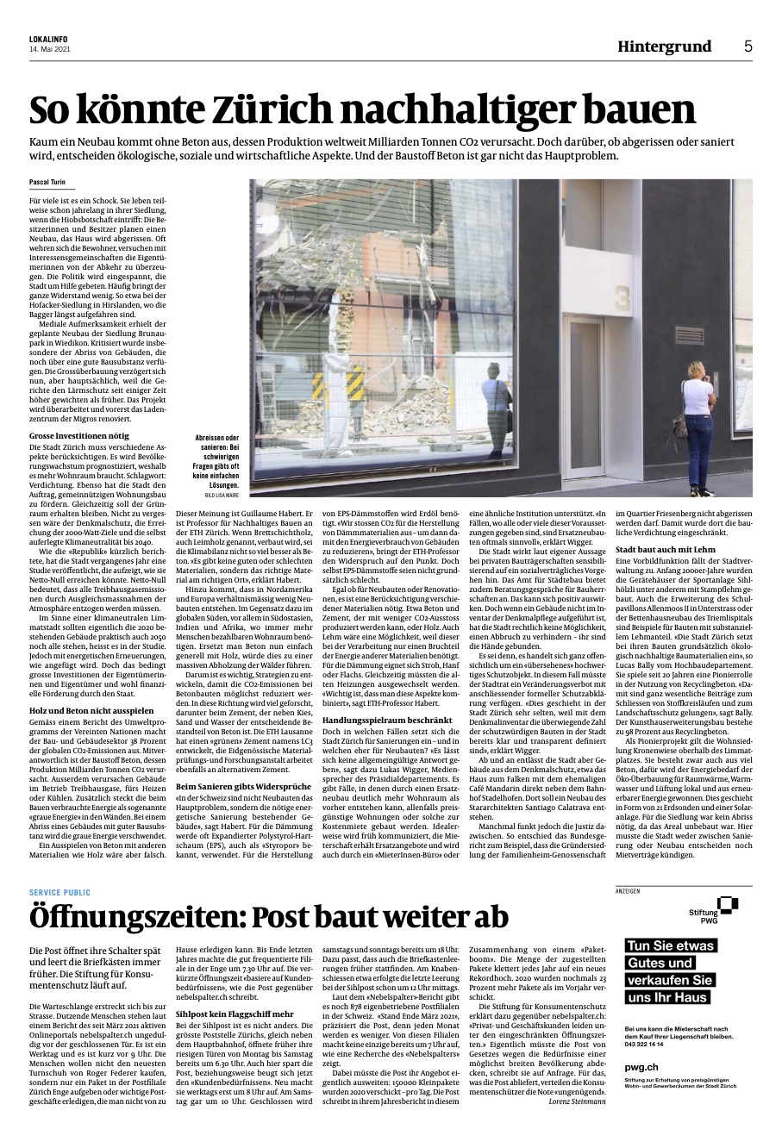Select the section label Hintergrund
tap(664, 47)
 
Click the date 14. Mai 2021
tap(48, 48)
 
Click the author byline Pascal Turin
tap(47, 183)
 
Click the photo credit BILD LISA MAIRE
tap(222, 496)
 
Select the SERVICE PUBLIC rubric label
tap(59, 892)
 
